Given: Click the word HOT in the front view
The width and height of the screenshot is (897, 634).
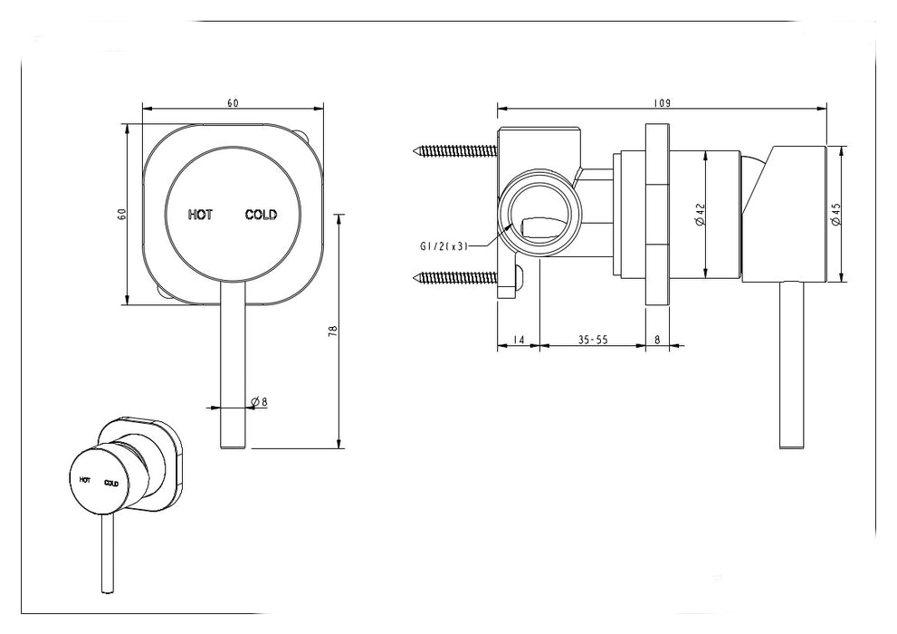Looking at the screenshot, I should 200,215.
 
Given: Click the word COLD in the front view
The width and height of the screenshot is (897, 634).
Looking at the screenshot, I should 261,215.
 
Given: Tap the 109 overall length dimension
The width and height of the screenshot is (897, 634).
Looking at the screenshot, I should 662,103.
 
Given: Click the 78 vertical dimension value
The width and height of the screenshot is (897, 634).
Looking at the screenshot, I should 332,331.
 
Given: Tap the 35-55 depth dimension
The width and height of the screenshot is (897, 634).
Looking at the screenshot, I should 592,340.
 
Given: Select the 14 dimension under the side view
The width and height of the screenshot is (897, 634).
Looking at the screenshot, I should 518,340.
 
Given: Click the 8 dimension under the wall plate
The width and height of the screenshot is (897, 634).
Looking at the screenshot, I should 656,340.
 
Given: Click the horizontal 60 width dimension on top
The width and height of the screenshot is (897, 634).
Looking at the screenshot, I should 233,103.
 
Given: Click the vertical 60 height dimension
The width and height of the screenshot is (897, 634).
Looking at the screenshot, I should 121,214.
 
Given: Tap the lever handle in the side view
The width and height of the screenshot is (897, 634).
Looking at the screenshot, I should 792,362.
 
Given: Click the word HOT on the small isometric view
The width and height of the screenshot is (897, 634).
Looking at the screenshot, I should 84,478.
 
